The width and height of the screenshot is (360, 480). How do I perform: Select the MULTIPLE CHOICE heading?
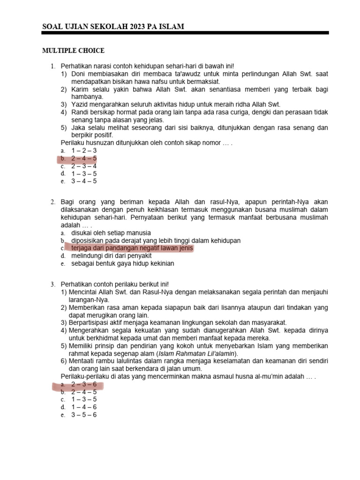[x=74, y=51]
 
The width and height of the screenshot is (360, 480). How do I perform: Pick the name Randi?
[x=80, y=112]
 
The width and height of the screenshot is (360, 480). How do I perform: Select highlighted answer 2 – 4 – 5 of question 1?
[x=84, y=158]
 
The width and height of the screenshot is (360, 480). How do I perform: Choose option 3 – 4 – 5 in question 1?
[x=84, y=181]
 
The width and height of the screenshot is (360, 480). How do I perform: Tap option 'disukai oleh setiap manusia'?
[x=111, y=232]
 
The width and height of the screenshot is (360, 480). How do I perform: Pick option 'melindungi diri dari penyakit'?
[x=112, y=256]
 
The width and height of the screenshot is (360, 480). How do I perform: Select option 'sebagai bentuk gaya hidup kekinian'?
[x=122, y=263]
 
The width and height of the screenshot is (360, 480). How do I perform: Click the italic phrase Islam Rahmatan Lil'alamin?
[x=197, y=353]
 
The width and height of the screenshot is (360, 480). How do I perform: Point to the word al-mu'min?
[x=271, y=376]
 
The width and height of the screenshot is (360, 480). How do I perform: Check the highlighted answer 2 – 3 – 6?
[x=84, y=384]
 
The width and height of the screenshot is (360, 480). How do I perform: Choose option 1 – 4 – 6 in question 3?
[x=84, y=407]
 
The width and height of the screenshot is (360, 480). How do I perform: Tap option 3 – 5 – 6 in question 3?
[x=84, y=415]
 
